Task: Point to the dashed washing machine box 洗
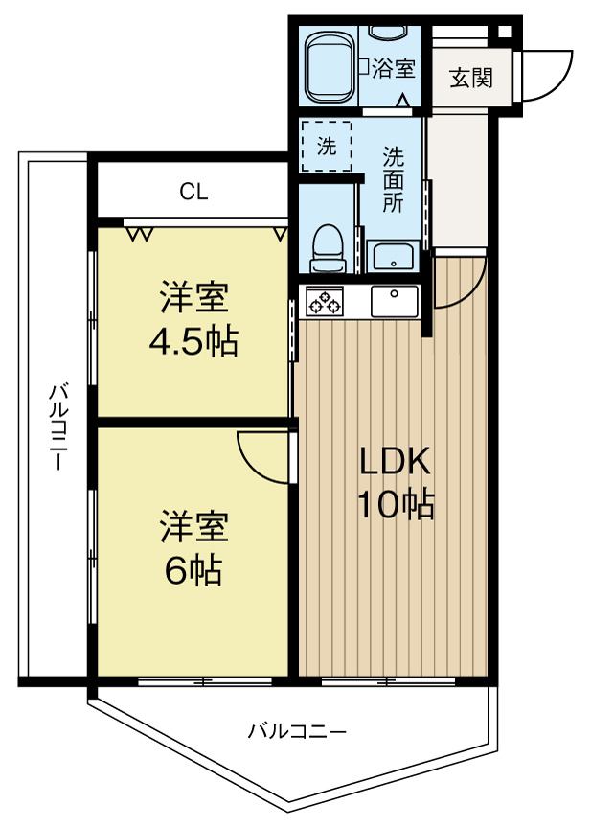tap(328, 149)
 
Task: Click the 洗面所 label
tap(394, 177)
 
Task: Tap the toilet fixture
tap(328, 247)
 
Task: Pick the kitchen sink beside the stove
tap(394, 302)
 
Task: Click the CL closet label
tap(193, 192)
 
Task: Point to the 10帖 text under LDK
tap(396, 502)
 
